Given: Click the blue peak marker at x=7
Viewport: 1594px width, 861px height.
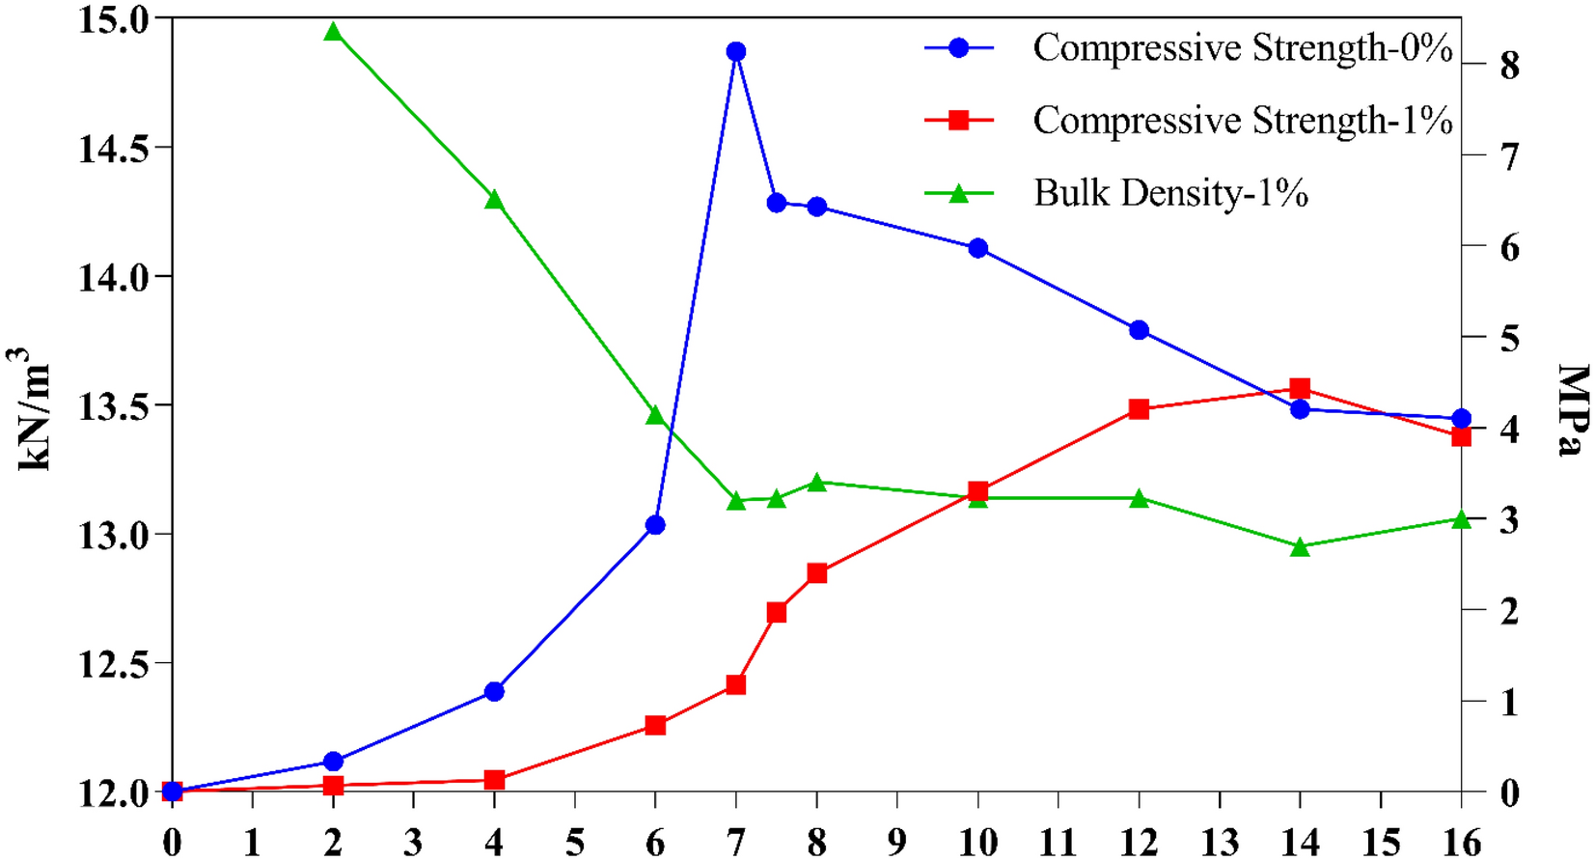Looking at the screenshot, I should click(736, 52).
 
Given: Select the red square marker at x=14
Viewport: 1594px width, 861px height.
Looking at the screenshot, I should click(1300, 389).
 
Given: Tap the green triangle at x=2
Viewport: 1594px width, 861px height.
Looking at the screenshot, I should click(333, 32).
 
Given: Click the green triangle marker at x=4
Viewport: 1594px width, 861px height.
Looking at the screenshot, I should click(494, 200).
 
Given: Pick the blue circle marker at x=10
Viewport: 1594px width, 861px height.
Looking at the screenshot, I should click(977, 248).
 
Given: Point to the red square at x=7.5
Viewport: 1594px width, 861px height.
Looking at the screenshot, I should click(777, 613).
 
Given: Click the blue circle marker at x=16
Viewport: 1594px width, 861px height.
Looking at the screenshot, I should click(1461, 418).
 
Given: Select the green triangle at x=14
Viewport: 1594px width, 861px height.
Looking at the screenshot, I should click(1300, 547).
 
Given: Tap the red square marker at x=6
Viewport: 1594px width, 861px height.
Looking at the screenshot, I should click(655, 725).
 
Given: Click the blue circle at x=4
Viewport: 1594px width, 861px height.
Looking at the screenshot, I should click(494, 691).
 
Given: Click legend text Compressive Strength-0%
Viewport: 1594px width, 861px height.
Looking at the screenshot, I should click(1242, 47).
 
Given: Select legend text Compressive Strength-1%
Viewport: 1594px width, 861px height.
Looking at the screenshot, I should click(1242, 121).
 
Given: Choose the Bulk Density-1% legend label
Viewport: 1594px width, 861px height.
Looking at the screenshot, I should click(1170, 193).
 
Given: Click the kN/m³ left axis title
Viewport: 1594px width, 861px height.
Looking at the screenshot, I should click(35, 409).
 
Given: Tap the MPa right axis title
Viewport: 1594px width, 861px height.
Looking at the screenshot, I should click(1573, 409).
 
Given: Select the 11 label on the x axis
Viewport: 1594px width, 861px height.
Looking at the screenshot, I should click(1058, 843).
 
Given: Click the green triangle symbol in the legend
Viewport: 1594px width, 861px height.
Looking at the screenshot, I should click(958, 193).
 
